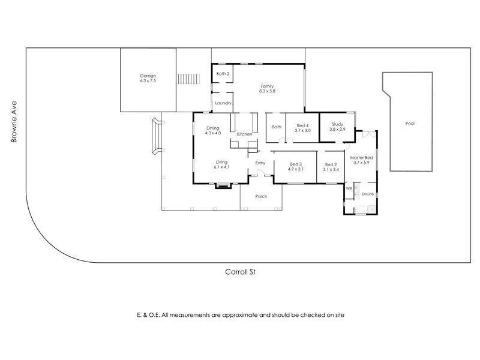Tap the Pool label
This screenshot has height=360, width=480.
[x=410, y=124]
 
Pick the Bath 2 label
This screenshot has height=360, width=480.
[x=223, y=74]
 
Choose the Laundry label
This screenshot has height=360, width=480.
[x=223, y=103]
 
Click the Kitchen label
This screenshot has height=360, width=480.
[x=244, y=134]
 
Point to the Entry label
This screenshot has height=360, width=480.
[x=260, y=163]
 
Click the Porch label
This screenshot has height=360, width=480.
[x=261, y=196]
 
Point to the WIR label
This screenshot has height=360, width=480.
[x=349, y=188]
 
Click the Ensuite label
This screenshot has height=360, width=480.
[x=368, y=194]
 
